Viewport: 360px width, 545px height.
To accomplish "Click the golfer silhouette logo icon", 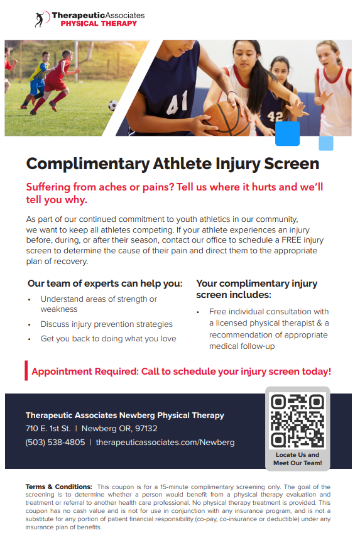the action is [x=41, y=19].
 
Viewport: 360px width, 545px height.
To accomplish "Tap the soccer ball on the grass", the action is [x=113, y=106].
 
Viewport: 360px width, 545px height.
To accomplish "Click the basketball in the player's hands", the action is [x=227, y=119].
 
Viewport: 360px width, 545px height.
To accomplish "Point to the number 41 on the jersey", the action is [x=177, y=102].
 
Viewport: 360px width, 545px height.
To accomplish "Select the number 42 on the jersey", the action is [x=275, y=117].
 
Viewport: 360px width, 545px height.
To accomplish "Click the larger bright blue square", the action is [x=287, y=133].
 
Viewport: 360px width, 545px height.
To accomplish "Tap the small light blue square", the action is [x=326, y=143].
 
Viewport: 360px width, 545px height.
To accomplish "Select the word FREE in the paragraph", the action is [x=291, y=240].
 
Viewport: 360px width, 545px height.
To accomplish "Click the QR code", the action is [x=297, y=421].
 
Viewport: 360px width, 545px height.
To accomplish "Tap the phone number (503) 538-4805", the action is [x=55, y=443].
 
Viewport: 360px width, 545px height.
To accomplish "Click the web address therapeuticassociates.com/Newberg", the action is [x=165, y=443].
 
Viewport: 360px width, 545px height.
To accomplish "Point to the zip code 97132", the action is [x=146, y=429].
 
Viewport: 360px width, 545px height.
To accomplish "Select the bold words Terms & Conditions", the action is [x=58, y=487].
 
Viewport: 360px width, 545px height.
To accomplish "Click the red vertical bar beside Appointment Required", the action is [x=26, y=370].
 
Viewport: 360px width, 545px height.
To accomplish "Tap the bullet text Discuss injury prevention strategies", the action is [x=106, y=324].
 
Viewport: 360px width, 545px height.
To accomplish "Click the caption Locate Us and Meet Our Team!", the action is [x=297, y=459].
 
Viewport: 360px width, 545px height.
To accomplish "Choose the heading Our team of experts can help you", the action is [x=105, y=284].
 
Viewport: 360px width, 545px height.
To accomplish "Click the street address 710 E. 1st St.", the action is [x=48, y=429].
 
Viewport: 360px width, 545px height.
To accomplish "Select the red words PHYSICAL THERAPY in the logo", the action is [x=99, y=24].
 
